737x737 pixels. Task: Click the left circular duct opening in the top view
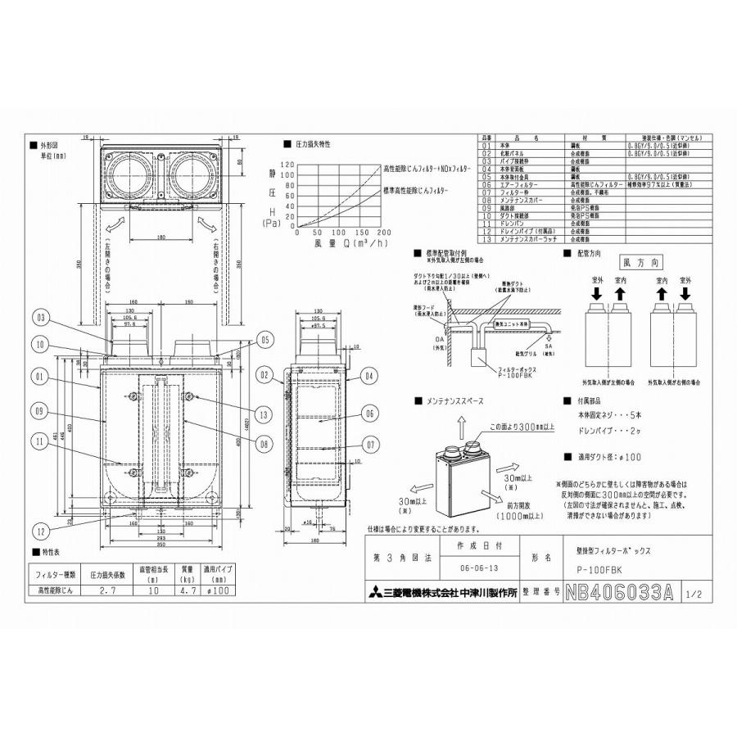click(129, 174)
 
